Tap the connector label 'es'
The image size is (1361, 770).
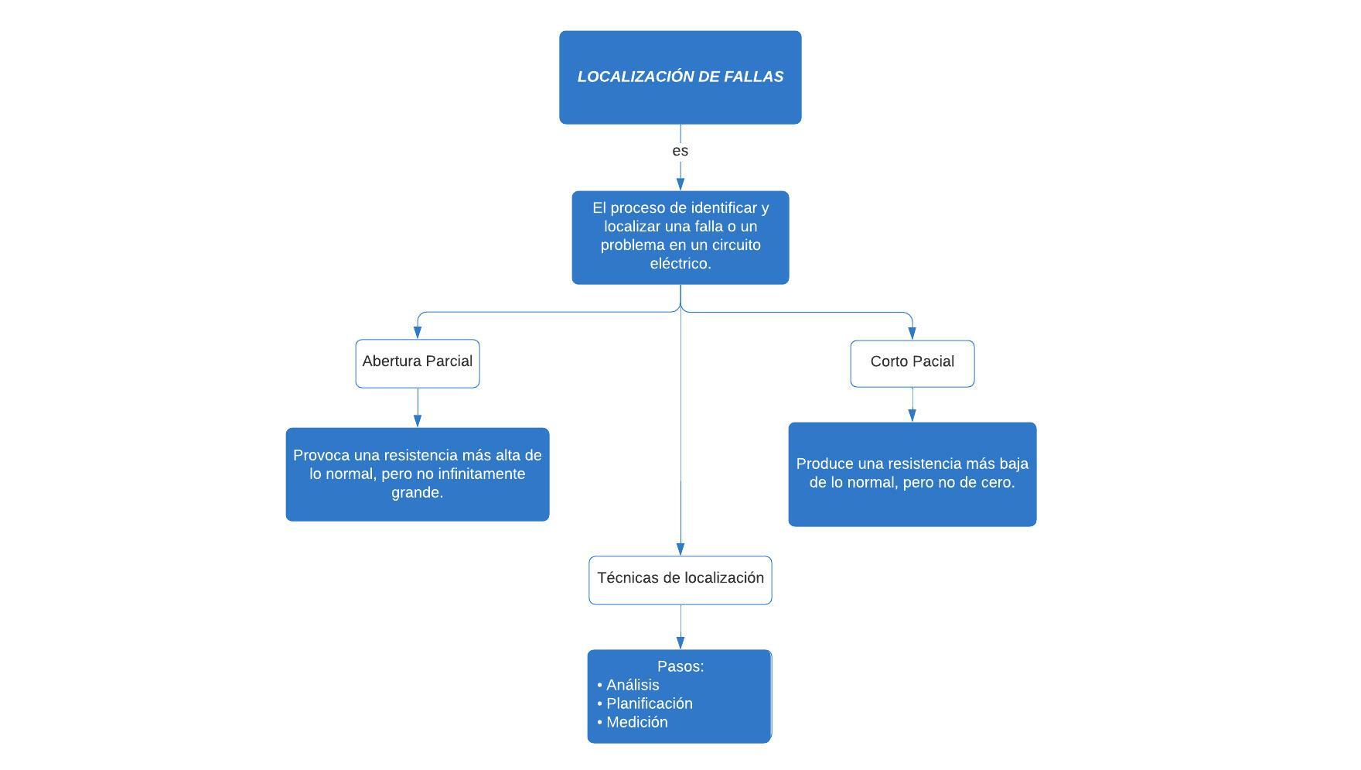[x=680, y=151]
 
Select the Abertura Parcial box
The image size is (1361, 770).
[x=417, y=363]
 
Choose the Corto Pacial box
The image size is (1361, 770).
[x=912, y=363]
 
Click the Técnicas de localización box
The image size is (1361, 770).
[x=680, y=579]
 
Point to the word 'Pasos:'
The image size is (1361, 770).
[x=680, y=666]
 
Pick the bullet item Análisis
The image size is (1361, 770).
[x=633, y=685]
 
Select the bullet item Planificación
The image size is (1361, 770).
[x=649, y=703]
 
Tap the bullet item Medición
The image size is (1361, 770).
[x=636, y=722]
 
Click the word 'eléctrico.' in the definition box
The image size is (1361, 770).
[x=680, y=264]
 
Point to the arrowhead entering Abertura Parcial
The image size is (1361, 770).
[x=418, y=333]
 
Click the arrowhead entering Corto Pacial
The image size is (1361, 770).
[x=912, y=334]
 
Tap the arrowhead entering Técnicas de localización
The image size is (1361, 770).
[x=680, y=549]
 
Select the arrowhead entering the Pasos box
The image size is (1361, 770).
[x=680, y=642]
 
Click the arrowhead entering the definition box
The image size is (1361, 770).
[x=680, y=183]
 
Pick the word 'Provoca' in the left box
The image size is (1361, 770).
[x=320, y=456]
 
